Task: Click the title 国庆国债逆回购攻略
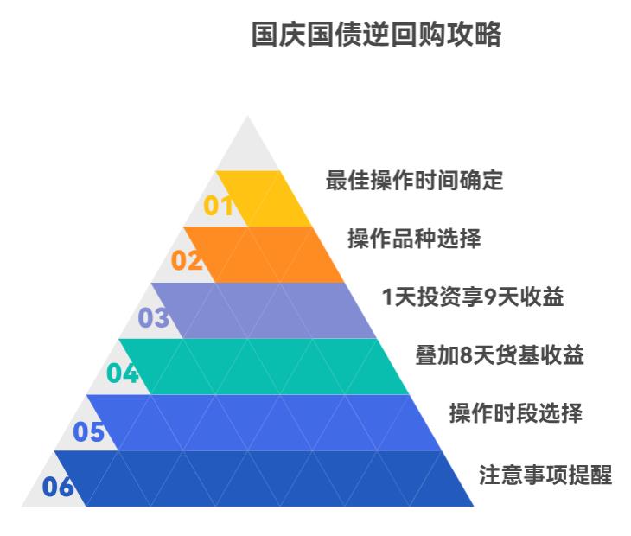tap(376, 35)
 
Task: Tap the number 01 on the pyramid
tap(219, 206)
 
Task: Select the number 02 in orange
tap(187, 260)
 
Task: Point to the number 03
tap(153, 317)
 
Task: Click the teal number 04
tap(123, 373)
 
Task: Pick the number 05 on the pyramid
tap(88, 431)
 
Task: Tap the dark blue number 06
tap(58, 487)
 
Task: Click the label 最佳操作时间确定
tap(414, 180)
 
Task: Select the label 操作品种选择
tap(414, 239)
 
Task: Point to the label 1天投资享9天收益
tap(473, 297)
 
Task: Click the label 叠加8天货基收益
tap(500, 355)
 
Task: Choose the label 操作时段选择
tap(516, 413)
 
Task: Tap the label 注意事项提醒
tap(545, 475)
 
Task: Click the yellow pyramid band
tap(264, 199)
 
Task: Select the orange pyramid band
tap(264, 255)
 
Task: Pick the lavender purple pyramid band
tap(264, 310)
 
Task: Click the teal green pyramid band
tap(264, 367)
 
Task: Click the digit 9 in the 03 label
tap(490, 297)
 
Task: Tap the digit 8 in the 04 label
tap(466, 355)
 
